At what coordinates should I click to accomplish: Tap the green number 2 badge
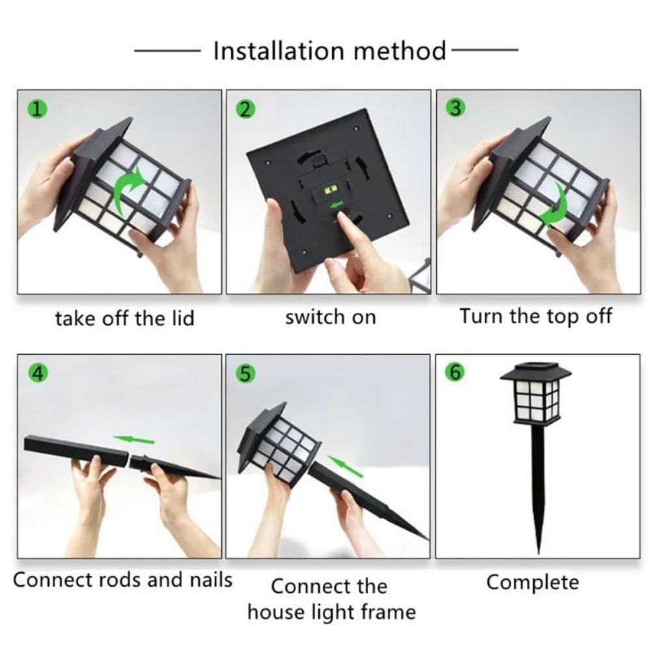(x=245, y=109)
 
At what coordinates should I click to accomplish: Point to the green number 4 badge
(x=38, y=374)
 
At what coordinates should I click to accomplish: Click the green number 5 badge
(x=245, y=374)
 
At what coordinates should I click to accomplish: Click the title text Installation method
(x=330, y=50)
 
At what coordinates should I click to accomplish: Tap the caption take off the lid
(x=124, y=318)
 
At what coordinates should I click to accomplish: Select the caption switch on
(x=330, y=317)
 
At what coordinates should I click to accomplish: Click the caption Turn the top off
(x=536, y=316)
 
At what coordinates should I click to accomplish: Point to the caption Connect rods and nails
(x=122, y=579)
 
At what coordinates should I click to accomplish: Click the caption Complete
(x=533, y=581)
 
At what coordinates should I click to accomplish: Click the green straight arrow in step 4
(x=133, y=440)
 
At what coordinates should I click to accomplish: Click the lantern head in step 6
(x=535, y=393)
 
